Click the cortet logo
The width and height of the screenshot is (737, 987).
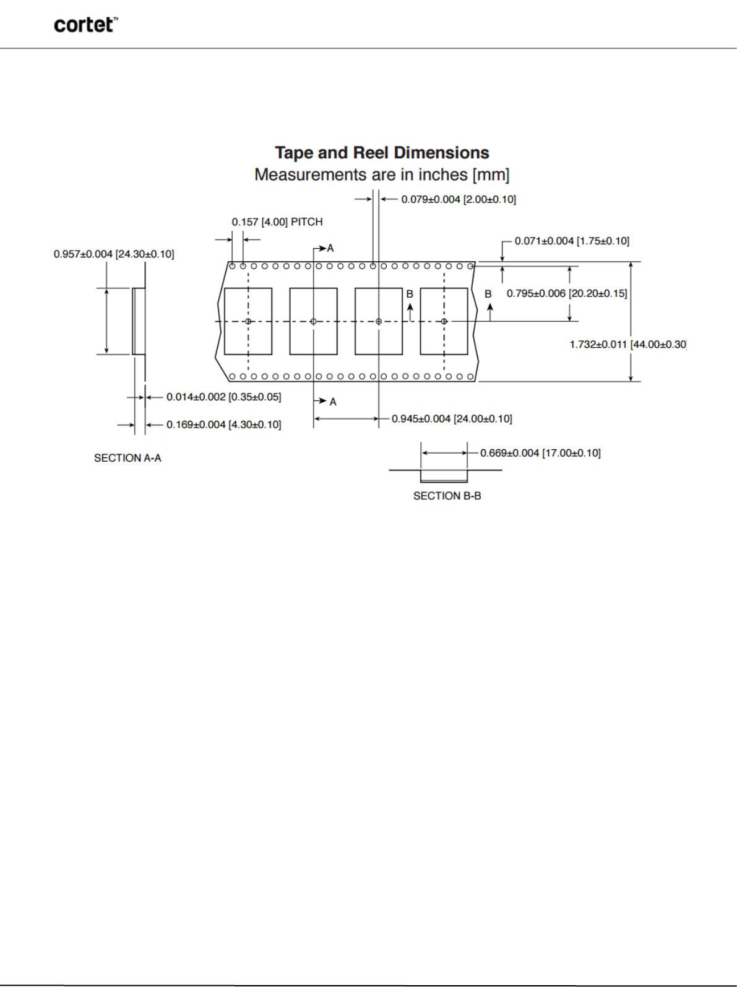tap(85, 25)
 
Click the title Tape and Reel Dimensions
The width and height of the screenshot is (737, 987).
tap(382, 153)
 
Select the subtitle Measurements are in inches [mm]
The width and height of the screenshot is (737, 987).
tap(382, 175)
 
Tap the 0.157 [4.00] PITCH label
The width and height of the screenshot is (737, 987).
tap(277, 222)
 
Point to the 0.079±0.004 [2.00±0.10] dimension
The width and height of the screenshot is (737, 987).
tap(459, 199)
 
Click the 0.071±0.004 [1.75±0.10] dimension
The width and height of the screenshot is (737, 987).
tap(572, 241)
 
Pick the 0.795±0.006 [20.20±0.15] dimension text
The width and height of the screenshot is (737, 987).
tap(567, 293)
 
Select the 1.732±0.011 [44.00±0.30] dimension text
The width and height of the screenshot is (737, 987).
tap(627, 345)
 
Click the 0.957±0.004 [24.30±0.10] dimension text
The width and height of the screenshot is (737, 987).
tap(114, 254)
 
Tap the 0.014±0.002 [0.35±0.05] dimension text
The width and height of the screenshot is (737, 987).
tap(223, 397)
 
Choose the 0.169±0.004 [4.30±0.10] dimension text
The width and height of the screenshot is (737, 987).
tap(223, 425)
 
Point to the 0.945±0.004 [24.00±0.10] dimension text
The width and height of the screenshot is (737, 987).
tap(452, 419)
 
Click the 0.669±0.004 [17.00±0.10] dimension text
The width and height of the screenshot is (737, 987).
tap(540, 453)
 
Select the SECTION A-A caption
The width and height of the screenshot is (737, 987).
tap(127, 458)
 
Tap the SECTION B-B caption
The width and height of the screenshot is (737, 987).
tap(447, 496)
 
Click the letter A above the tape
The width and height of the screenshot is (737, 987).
tap(330, 248)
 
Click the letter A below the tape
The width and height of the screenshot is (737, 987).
tap(333, 402)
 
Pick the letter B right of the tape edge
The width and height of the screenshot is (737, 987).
tap(488, 294)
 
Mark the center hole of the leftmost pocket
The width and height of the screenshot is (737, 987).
tap(248, 321)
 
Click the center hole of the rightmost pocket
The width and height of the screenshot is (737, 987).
tap(444, 321)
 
